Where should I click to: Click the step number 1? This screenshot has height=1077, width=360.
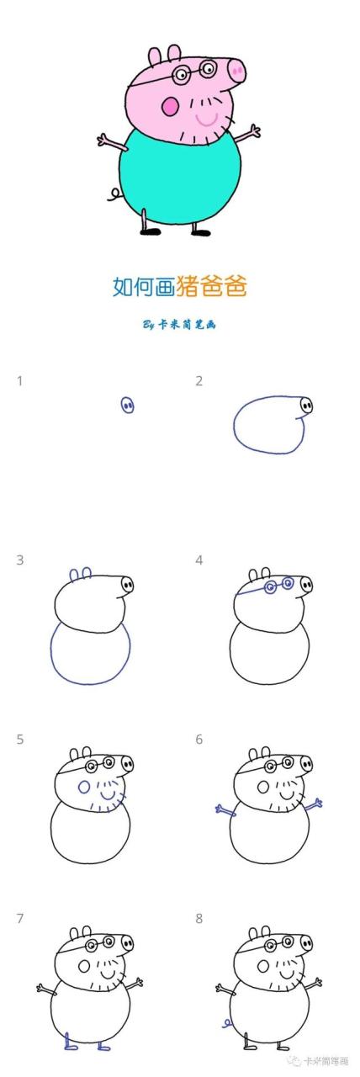19,381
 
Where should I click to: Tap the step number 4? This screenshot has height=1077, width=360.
199,560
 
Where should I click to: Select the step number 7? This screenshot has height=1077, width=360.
19,918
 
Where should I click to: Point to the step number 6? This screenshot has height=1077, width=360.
199,739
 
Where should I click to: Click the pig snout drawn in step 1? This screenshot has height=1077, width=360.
128,406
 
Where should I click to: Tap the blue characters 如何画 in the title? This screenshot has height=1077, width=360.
144,286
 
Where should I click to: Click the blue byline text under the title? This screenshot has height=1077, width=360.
179,324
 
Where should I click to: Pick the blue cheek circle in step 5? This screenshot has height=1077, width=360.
84,788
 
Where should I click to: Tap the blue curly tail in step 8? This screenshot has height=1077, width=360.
226,1023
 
